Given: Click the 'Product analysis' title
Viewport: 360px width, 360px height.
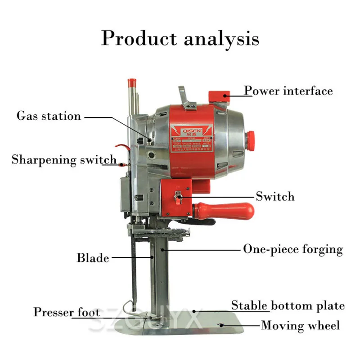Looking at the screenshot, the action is tap(180, 38).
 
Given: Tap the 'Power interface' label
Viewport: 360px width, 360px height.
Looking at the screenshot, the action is tap(288, 91).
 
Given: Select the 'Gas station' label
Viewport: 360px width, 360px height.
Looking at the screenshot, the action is tap(49, 116).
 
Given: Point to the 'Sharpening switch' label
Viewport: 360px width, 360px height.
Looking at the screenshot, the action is tap(64, 160).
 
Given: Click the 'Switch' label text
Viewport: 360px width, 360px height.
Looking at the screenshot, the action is tap(275, 196).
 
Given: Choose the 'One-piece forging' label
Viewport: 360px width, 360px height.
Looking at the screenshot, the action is tap(293, 249).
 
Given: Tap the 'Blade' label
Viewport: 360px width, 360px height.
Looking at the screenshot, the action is tap(93, 258).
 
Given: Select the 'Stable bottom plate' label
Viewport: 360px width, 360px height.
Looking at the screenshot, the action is tap(288, 306).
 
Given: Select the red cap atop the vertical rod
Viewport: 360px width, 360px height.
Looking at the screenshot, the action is tap(132, 83).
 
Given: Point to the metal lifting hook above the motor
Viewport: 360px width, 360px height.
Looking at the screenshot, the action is tap(183, 94).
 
